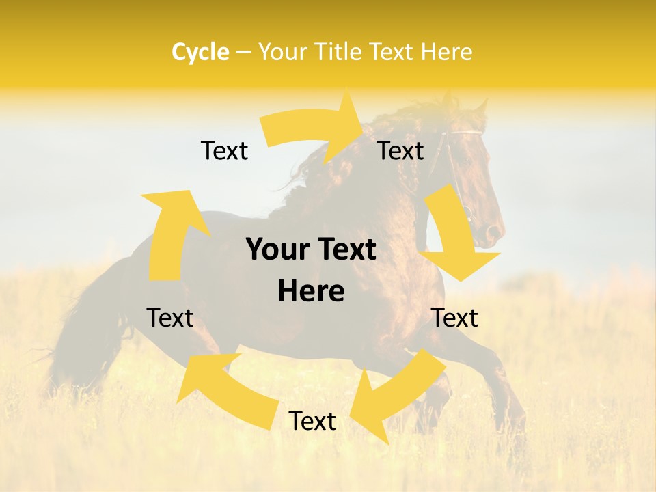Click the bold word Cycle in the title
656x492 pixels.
[x=200, y=52]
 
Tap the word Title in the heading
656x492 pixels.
[x=340, y=52]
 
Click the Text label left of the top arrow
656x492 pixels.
[x=224, y=150]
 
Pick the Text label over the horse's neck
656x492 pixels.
[x=400, y=150]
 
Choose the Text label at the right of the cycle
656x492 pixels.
[x=454, y=318]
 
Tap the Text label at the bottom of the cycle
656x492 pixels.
[x=312, y=421]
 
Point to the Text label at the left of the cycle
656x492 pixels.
[x=170, y=318]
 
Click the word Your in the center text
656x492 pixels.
[x=273, y=250]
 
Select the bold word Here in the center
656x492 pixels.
[x=311, y=292]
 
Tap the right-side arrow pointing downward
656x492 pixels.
[x=454, y=236]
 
